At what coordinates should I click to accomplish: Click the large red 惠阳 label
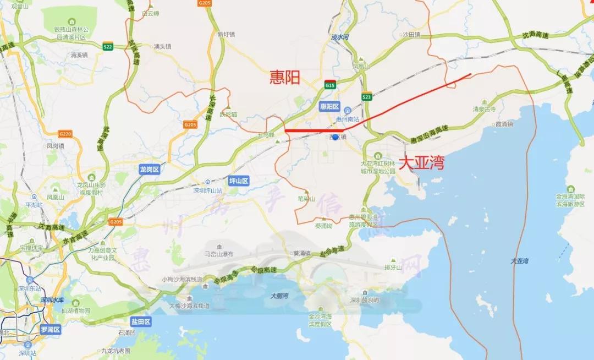(285, 78)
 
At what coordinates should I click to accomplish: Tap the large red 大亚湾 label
(421, 163)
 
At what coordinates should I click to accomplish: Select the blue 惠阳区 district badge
(330, 106)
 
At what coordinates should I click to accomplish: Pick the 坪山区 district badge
(239, 181)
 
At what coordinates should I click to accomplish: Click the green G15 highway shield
(330, 85)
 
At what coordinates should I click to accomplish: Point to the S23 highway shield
(366, 97)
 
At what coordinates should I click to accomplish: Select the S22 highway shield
(108, 47)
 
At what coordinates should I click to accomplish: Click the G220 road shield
(65, 134)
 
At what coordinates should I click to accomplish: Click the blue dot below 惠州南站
(334, 137)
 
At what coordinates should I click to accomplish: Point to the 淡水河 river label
(340, 37)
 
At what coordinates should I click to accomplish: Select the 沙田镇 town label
(411, 34)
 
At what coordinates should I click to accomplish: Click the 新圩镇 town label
(226, 34)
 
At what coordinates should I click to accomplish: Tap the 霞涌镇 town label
(504, 124)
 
